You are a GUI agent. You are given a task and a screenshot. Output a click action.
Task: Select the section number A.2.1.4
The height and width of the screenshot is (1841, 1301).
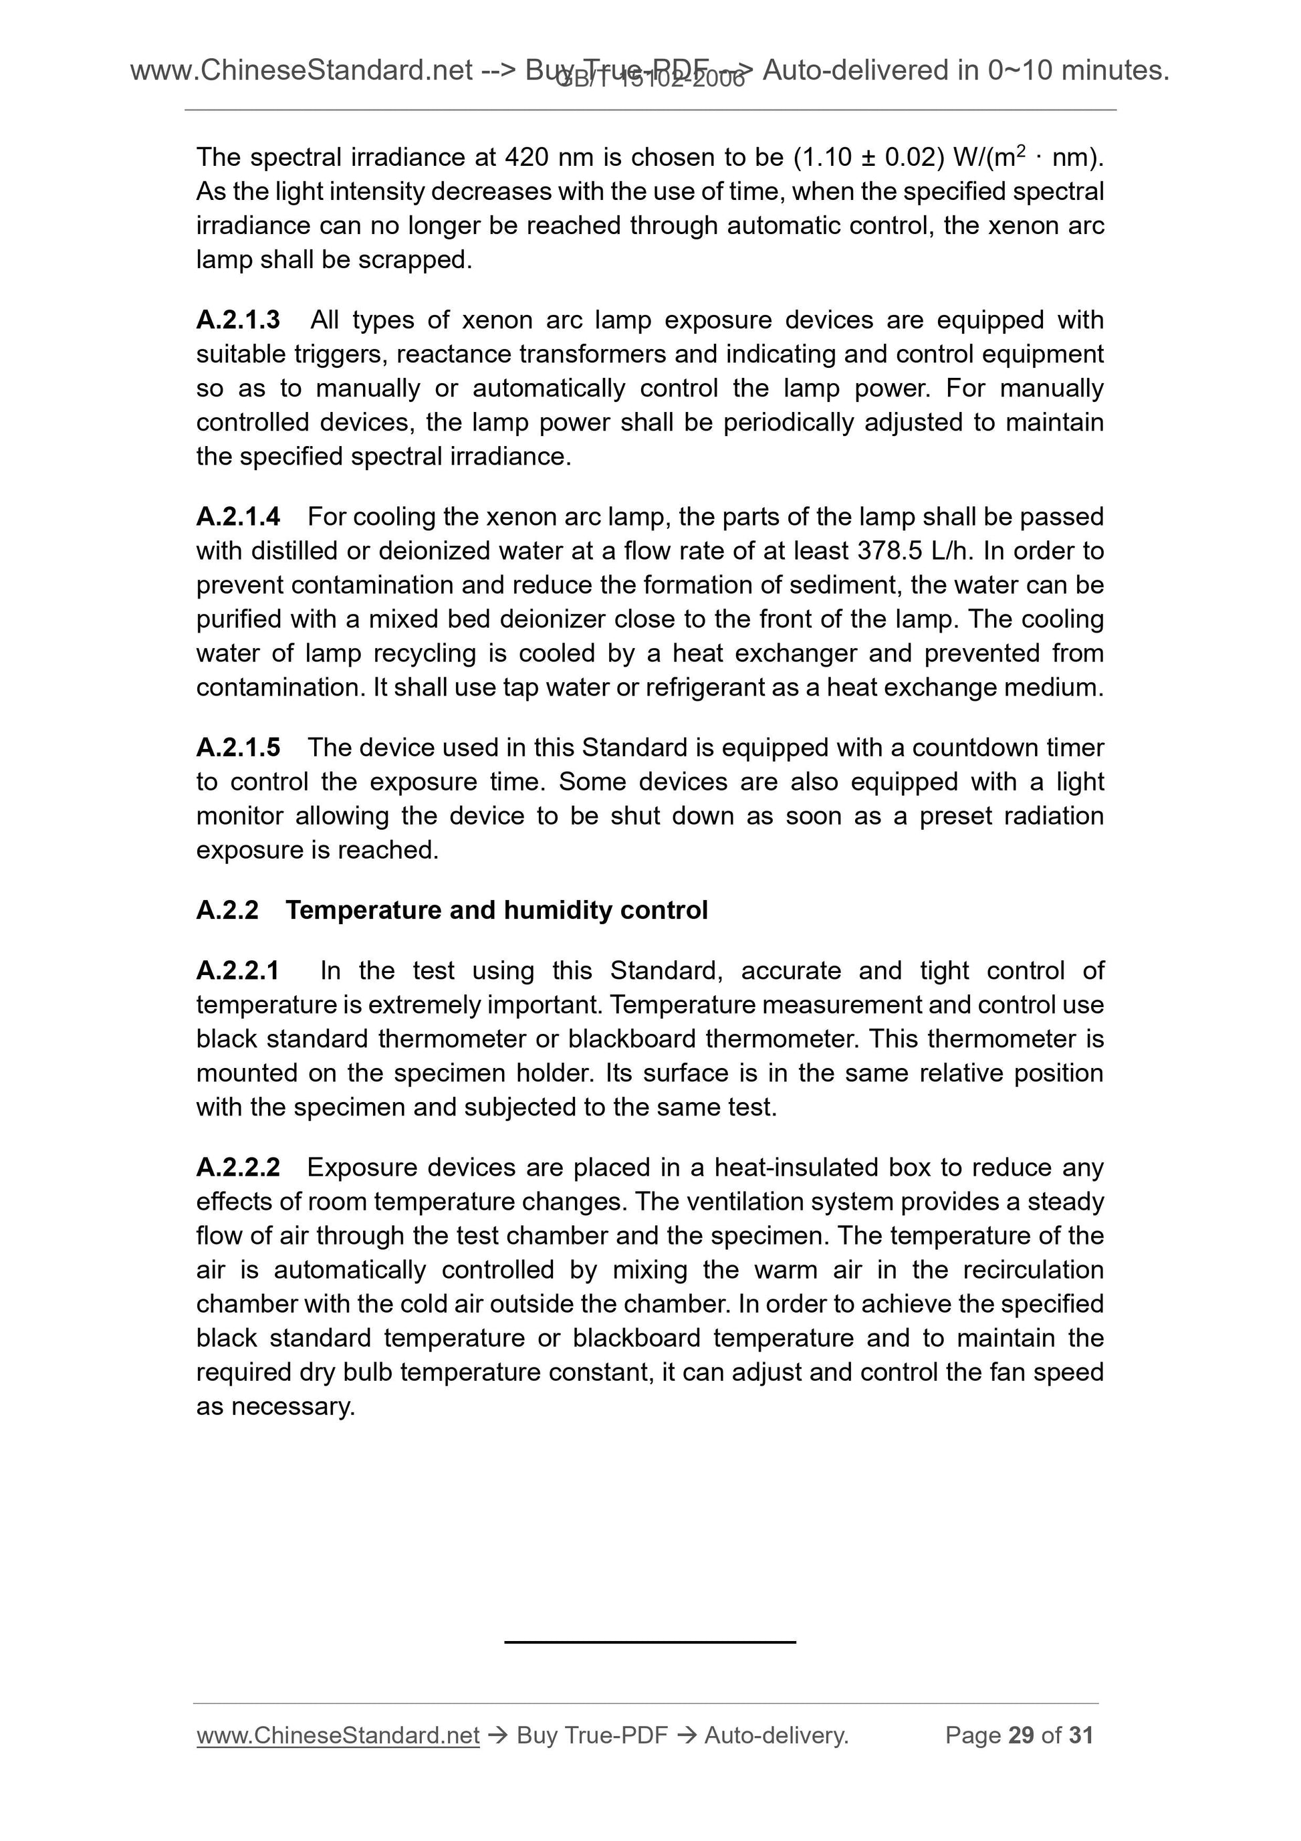237,516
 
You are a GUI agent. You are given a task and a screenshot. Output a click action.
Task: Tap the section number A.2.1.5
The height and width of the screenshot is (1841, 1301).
237,748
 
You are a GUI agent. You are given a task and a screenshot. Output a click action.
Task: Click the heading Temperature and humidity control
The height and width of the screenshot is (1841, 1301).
496,910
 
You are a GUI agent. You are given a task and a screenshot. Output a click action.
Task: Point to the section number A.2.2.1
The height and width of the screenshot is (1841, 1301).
237,970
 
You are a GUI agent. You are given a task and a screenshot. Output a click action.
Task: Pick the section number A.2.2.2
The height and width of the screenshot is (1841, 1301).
237,1167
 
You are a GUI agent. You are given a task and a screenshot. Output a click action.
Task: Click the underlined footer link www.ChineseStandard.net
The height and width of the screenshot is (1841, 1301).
338,1735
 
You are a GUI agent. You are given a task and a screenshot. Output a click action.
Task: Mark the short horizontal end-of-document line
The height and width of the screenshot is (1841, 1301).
649,1642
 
